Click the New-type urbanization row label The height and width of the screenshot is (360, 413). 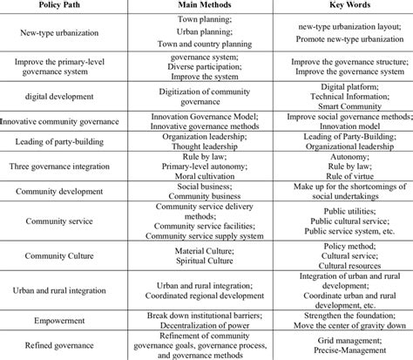tap(57, 33)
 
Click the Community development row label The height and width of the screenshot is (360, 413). tap(57, 191)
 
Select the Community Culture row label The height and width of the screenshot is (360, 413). tap(57, 257)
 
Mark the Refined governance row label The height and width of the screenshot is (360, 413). tap(57, 344)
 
